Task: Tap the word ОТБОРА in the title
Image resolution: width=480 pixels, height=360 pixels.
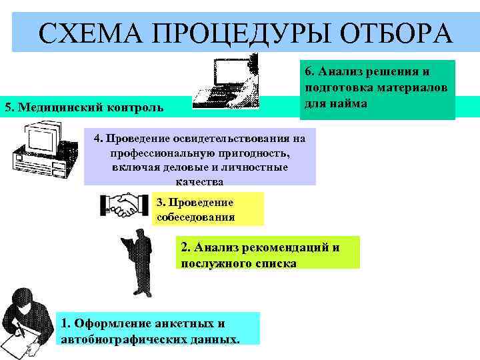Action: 389,33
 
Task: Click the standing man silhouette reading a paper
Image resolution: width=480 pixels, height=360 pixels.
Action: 139,257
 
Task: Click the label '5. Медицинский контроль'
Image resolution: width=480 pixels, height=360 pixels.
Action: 83,107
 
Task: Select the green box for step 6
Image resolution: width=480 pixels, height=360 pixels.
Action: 377,89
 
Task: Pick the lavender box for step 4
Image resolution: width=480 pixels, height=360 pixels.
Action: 200,157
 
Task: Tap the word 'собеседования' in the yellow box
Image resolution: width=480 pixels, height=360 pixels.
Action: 195,217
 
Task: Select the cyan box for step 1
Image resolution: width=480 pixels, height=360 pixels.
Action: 158,328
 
